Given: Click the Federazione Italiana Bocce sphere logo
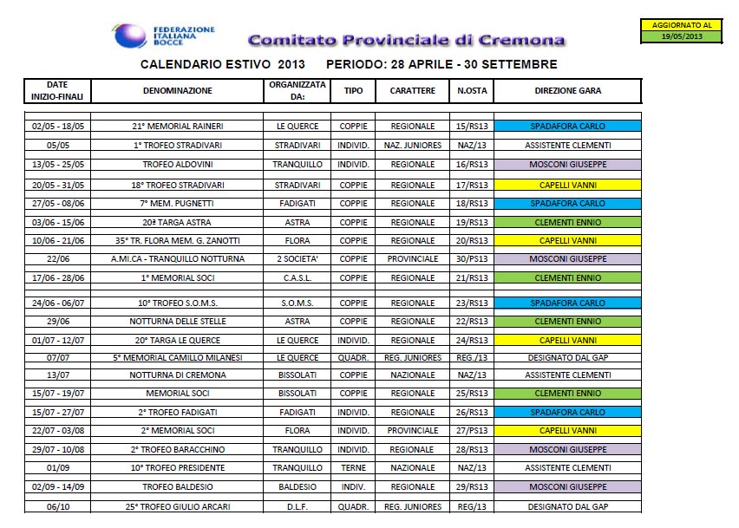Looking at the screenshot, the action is tap(129, 36).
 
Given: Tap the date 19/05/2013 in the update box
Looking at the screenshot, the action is tap(682, 36).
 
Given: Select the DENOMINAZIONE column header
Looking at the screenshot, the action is tap(178, 90).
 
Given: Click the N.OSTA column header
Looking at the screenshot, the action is tap(472, 90).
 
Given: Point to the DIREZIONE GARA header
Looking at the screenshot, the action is tap(568, 90).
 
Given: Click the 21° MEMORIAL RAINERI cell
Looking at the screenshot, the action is tap(178, 127).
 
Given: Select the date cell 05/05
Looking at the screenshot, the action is tap(58, 145).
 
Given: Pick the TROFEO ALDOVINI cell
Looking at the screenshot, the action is tap(178, 165).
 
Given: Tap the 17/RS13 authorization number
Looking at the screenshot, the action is tap(472, 186).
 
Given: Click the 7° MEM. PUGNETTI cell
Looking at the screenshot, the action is tap(178, 204).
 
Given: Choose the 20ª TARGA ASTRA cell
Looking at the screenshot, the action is tap(178, 222).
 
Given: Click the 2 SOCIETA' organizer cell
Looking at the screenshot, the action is tap(298, 259).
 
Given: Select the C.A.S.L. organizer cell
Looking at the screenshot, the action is tap(298, 278).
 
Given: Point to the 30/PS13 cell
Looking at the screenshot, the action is tap(472, 259).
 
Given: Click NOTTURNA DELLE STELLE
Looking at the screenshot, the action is tap(178, 322).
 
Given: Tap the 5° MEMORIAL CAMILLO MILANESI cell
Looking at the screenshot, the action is tap(178, 358).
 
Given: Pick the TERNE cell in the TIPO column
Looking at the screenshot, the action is tap(354, 467).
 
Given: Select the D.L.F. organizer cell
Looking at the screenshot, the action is tap(298, 507).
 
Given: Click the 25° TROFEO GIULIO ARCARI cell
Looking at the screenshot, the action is tap(178, 507).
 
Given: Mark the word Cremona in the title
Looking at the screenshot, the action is tap(522, 40).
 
